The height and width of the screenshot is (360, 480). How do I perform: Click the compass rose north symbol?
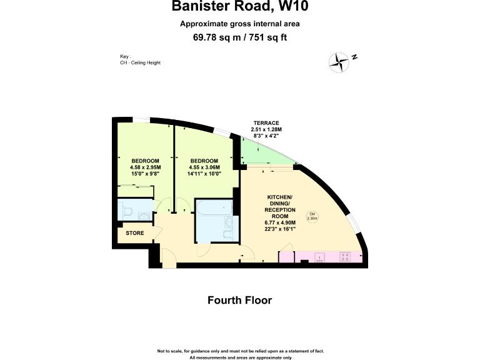point(341,61)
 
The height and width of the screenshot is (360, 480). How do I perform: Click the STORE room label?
point(135,233)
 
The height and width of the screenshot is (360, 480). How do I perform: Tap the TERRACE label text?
point(266,122)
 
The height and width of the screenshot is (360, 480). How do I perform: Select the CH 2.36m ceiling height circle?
point(312,217)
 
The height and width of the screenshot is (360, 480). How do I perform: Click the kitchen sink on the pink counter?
point(319,257)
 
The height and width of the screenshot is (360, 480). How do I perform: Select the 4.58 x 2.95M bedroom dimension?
point(145,167)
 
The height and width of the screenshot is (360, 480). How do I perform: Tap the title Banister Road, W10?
point(240,8)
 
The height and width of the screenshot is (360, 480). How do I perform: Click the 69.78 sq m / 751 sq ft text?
point(240,37)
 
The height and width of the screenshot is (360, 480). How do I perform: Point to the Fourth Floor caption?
point(240,301)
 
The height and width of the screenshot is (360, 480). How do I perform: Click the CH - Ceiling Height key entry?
point(140,62)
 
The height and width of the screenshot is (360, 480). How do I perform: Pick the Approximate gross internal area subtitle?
point(240,24)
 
